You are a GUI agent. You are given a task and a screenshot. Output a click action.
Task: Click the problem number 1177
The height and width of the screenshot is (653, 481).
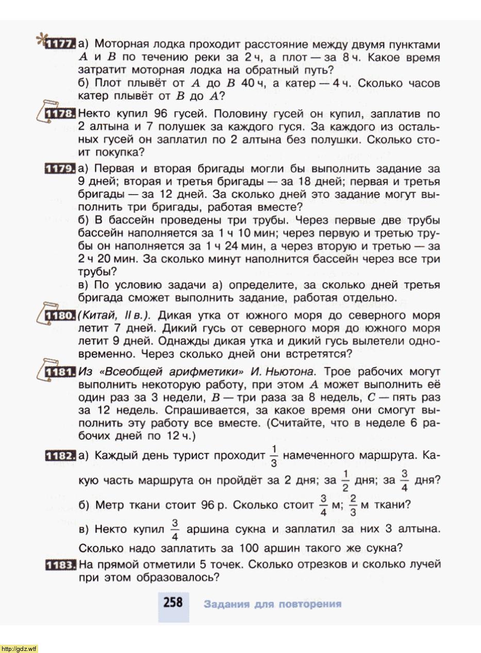(61, 45)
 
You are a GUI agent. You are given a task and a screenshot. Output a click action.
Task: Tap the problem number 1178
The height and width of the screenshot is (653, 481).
(61, 114)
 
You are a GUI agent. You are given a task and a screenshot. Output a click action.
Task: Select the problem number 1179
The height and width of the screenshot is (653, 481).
(61, 169)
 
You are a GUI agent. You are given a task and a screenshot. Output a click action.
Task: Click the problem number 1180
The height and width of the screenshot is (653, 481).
(61, 315)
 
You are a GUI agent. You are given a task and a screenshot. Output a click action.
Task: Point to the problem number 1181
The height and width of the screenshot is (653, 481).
(61, 371)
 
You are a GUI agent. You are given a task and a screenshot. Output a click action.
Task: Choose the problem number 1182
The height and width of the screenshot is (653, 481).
(61, 456)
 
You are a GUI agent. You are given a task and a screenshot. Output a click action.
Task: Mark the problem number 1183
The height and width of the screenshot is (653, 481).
(61, 565)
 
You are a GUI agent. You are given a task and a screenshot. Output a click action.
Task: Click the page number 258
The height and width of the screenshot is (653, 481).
(173, 603)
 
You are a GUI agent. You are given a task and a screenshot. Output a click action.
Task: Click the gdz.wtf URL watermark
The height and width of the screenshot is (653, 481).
(19, 648)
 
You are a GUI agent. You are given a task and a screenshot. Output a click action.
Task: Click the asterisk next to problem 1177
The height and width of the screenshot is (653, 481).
(39, 39)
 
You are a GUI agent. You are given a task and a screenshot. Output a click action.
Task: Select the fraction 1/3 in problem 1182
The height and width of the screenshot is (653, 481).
(274, 455)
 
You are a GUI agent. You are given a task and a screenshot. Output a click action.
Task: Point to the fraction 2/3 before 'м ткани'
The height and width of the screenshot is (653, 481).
(353, 505)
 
